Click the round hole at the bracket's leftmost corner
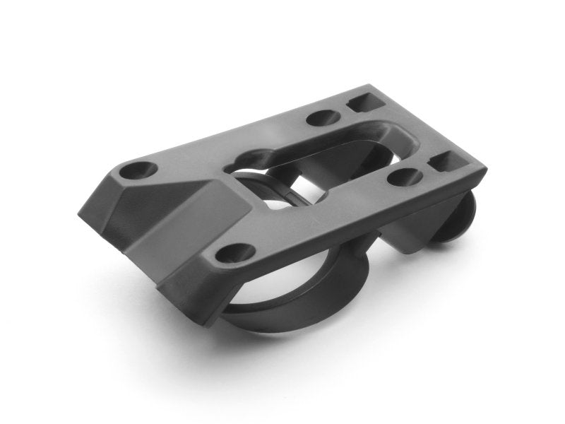coord(138,170)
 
